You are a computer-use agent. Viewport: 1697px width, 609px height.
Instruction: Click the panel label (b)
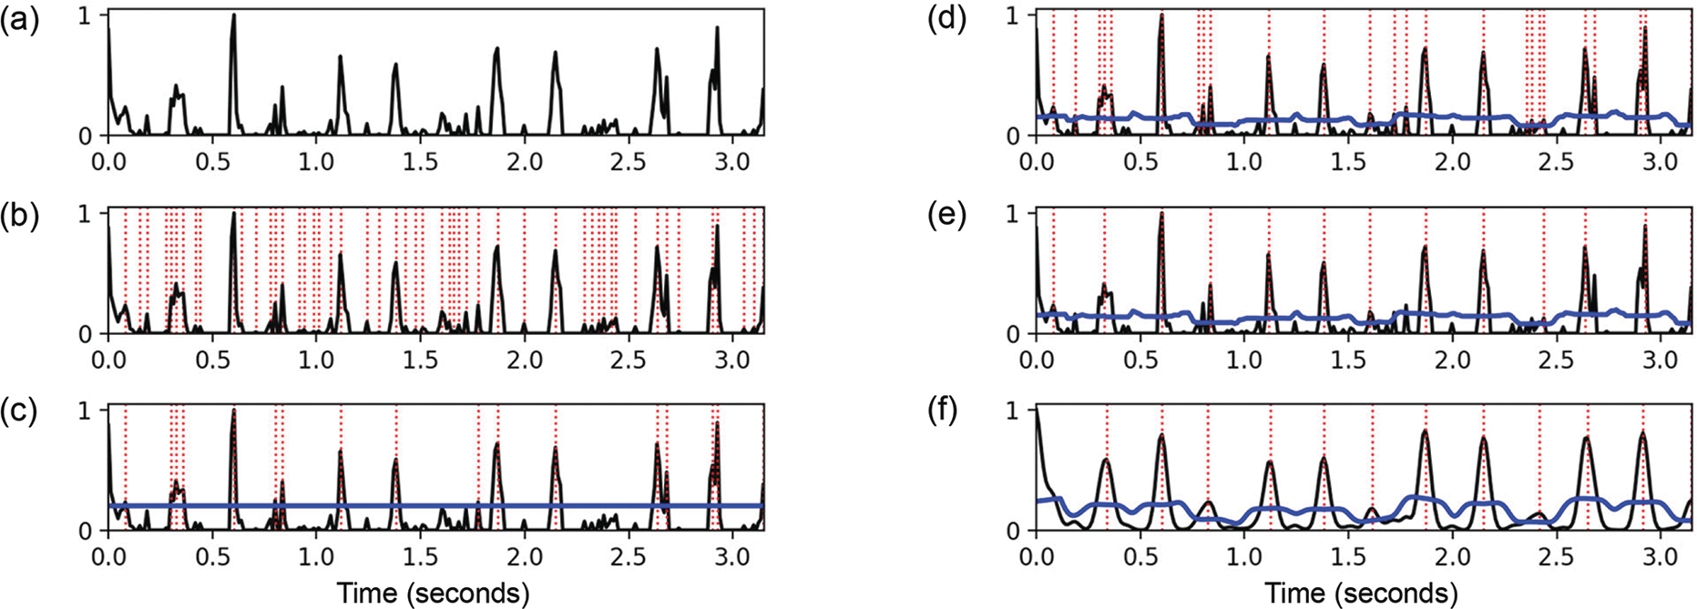click(19, 219)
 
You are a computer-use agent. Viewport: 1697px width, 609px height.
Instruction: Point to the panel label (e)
click(946, 219)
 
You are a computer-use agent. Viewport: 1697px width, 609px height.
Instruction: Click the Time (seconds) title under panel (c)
click(434, 594)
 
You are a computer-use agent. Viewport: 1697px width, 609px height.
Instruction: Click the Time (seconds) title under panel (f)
click(1361, 594)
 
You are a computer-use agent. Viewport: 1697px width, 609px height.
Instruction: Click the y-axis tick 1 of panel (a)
click(88, 15)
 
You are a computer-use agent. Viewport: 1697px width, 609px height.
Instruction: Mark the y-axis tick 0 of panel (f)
click(1015, 530)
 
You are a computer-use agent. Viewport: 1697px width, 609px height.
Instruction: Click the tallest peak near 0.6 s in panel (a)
click(234, 15)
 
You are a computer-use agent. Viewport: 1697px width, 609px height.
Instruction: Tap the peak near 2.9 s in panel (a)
click(718, 27)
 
